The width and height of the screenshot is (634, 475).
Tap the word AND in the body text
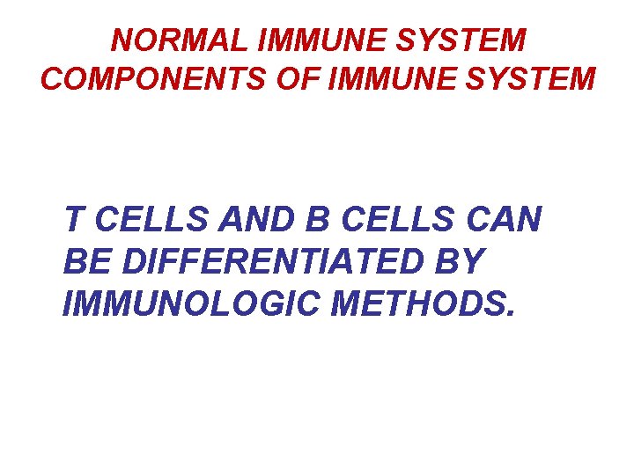click(232, 219)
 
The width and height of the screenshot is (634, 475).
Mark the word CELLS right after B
click(362, 219)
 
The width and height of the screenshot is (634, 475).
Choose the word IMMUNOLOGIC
click(167, 303)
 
